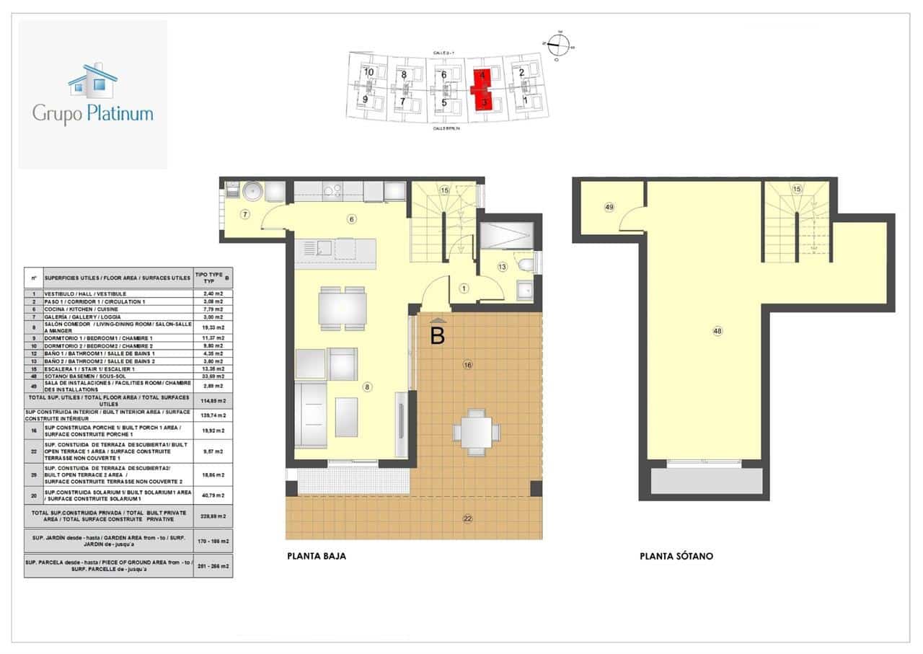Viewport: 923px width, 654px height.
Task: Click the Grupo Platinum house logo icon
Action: (92, 80)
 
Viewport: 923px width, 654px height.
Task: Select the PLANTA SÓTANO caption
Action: (676, 556)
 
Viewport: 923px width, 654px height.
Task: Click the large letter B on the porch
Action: (437, 335)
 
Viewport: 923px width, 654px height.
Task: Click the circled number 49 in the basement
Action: (609, 207)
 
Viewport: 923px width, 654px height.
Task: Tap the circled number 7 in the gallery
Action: (245, 214)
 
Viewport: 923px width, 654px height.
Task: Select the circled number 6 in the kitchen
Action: (351, 219)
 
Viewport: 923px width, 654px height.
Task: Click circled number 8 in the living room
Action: (367, 387)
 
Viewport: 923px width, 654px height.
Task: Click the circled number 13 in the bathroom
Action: (502, 267)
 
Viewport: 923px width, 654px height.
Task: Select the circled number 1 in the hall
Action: (464, 288)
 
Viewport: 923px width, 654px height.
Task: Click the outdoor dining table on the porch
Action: (475, 433)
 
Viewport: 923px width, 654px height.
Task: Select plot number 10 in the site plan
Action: (368, 72)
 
